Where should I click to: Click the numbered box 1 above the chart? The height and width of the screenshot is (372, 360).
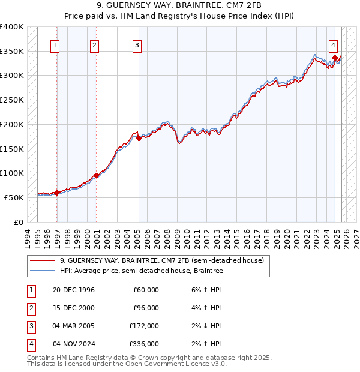55,44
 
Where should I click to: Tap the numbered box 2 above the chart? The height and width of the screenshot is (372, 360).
95,44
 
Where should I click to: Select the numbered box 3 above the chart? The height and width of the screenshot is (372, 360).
137,44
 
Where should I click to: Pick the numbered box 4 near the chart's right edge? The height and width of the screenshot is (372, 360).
333,44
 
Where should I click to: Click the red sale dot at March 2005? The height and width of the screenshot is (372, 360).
139,138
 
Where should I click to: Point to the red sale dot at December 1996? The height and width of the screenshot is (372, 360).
57,193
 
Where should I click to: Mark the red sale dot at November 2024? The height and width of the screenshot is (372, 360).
335,58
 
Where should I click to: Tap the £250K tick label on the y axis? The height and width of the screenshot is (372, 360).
12,100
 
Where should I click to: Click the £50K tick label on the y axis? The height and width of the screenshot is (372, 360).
14,197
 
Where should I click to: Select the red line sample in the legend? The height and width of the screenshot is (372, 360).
42,260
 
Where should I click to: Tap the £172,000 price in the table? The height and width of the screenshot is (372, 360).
145,326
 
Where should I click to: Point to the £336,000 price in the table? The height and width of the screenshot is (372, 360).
145,344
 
